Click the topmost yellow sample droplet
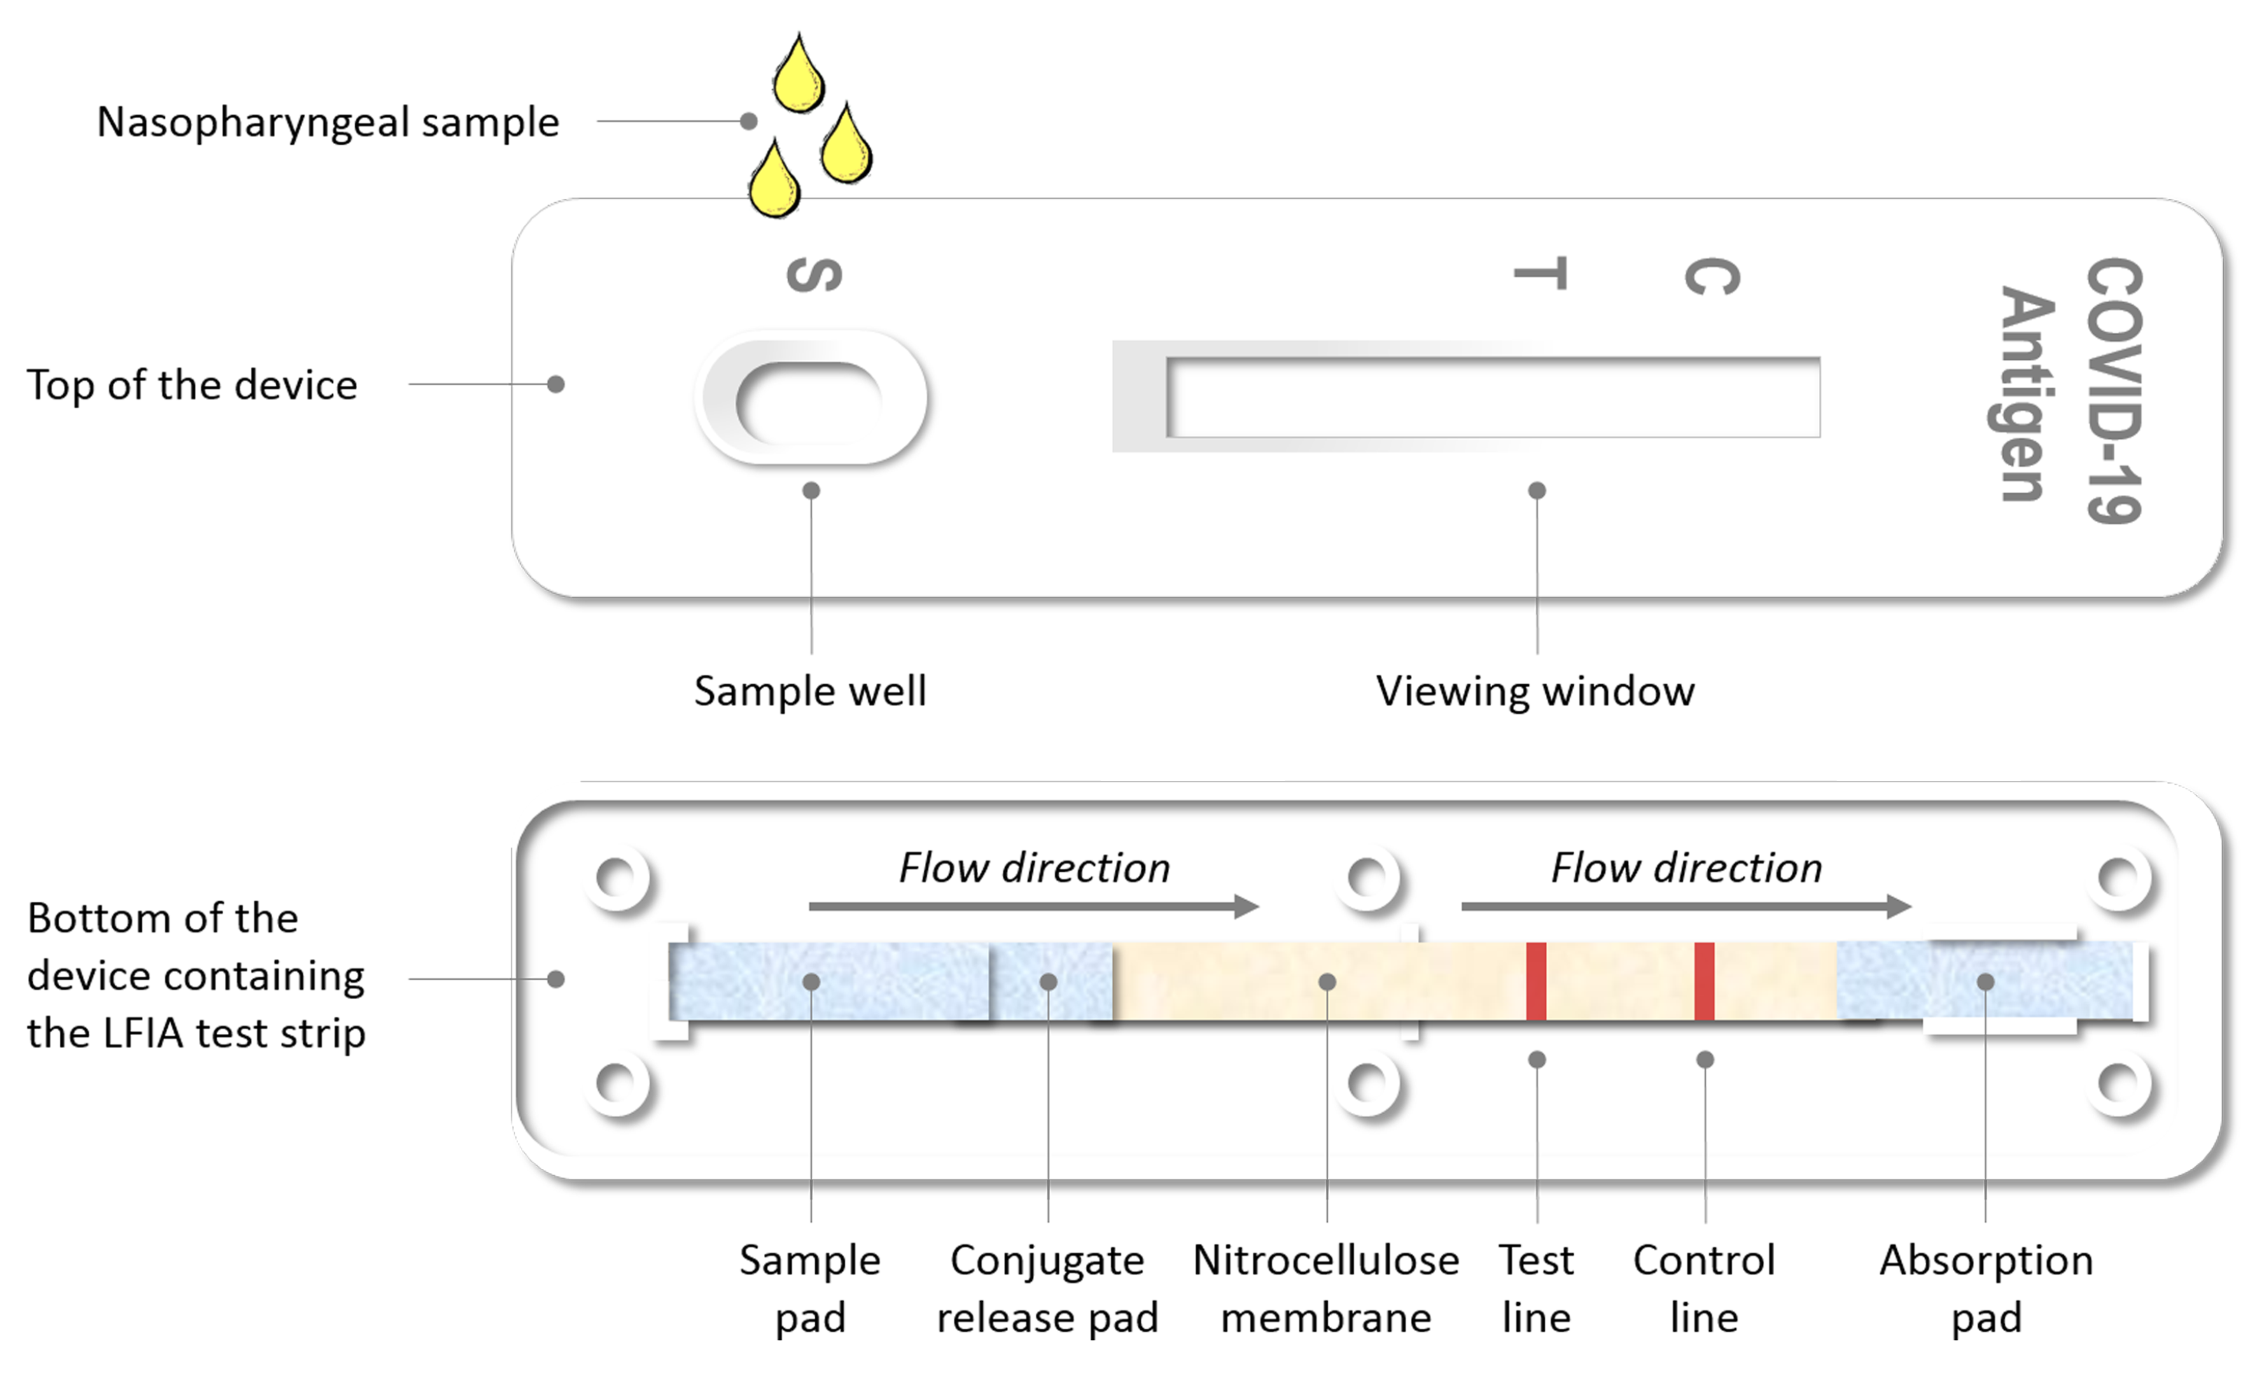point(798,76)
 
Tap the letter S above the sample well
point(814,274)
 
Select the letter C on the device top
point(1711,276)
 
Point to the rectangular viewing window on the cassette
point(1492,398)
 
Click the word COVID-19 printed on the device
point(2114,390)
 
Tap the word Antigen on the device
point(2026,395)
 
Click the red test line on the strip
point(1536,981)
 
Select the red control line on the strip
point(1704,981)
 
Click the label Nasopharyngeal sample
point(328,122)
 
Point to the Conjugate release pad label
point(1047,1289)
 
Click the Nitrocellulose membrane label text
point(1325,1289)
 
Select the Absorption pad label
point(1985,1289)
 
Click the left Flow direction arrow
point(1033,907)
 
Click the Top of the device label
point(192,385)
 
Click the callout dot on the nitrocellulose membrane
point(1327,982)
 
